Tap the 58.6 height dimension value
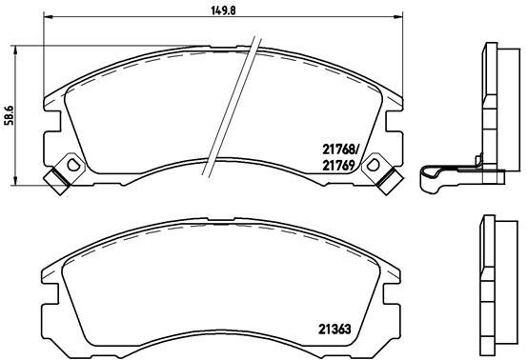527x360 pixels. [9, 115]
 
